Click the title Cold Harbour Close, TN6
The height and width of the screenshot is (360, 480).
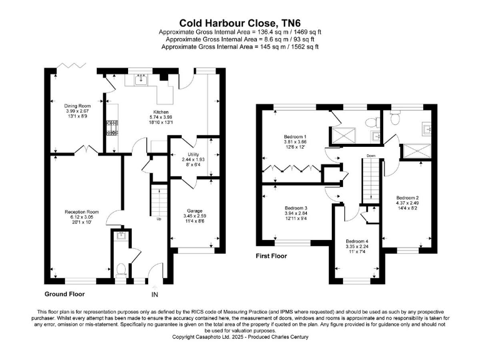coord(241,21)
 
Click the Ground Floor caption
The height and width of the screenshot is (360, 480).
coord(64,293)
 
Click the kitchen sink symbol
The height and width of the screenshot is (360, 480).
coord(141,79)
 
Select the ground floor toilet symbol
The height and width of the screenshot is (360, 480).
coord(119,270)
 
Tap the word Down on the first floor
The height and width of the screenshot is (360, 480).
coord(371,156)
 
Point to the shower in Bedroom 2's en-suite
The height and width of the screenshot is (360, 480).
coord(414,149)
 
